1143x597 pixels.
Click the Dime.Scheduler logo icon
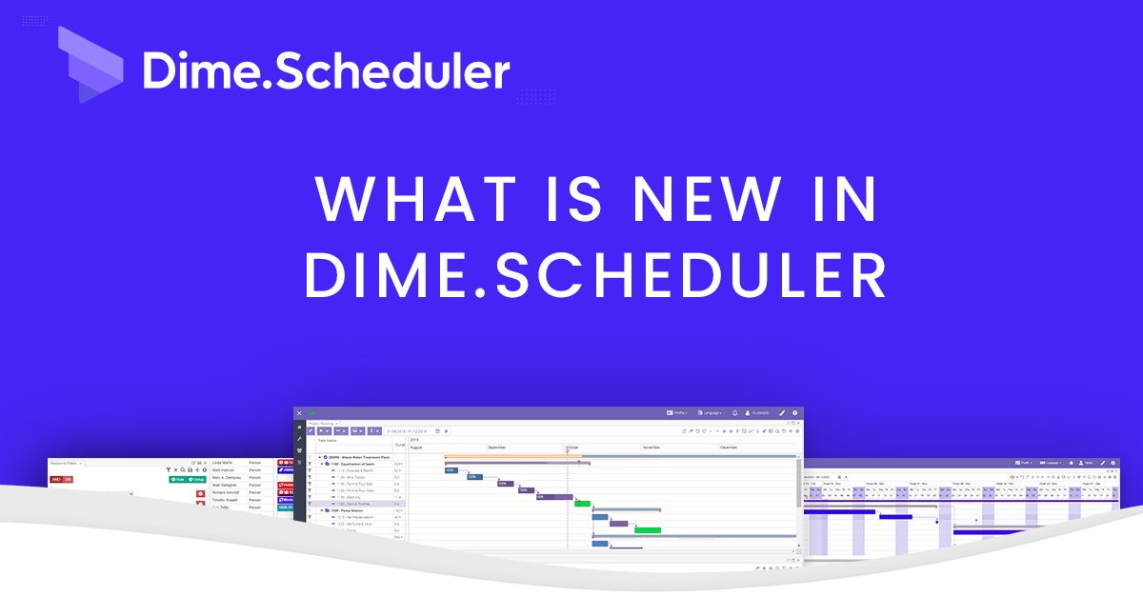[x=90, y=65]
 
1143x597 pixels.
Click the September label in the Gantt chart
[x=498, y=447]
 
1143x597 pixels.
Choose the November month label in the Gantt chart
[x=652, y=447]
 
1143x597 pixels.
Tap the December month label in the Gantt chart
[x=730, y=447]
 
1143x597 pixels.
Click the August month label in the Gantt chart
[x=417, y=447]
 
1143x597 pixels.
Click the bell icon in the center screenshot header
[x=735, y=413]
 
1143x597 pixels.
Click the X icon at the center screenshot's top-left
[x=299, y=413]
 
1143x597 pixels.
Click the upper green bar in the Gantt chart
[x=582, y=503]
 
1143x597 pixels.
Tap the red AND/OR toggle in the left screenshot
[x=61, y=479]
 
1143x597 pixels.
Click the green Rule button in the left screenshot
[x=177, y=479]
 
